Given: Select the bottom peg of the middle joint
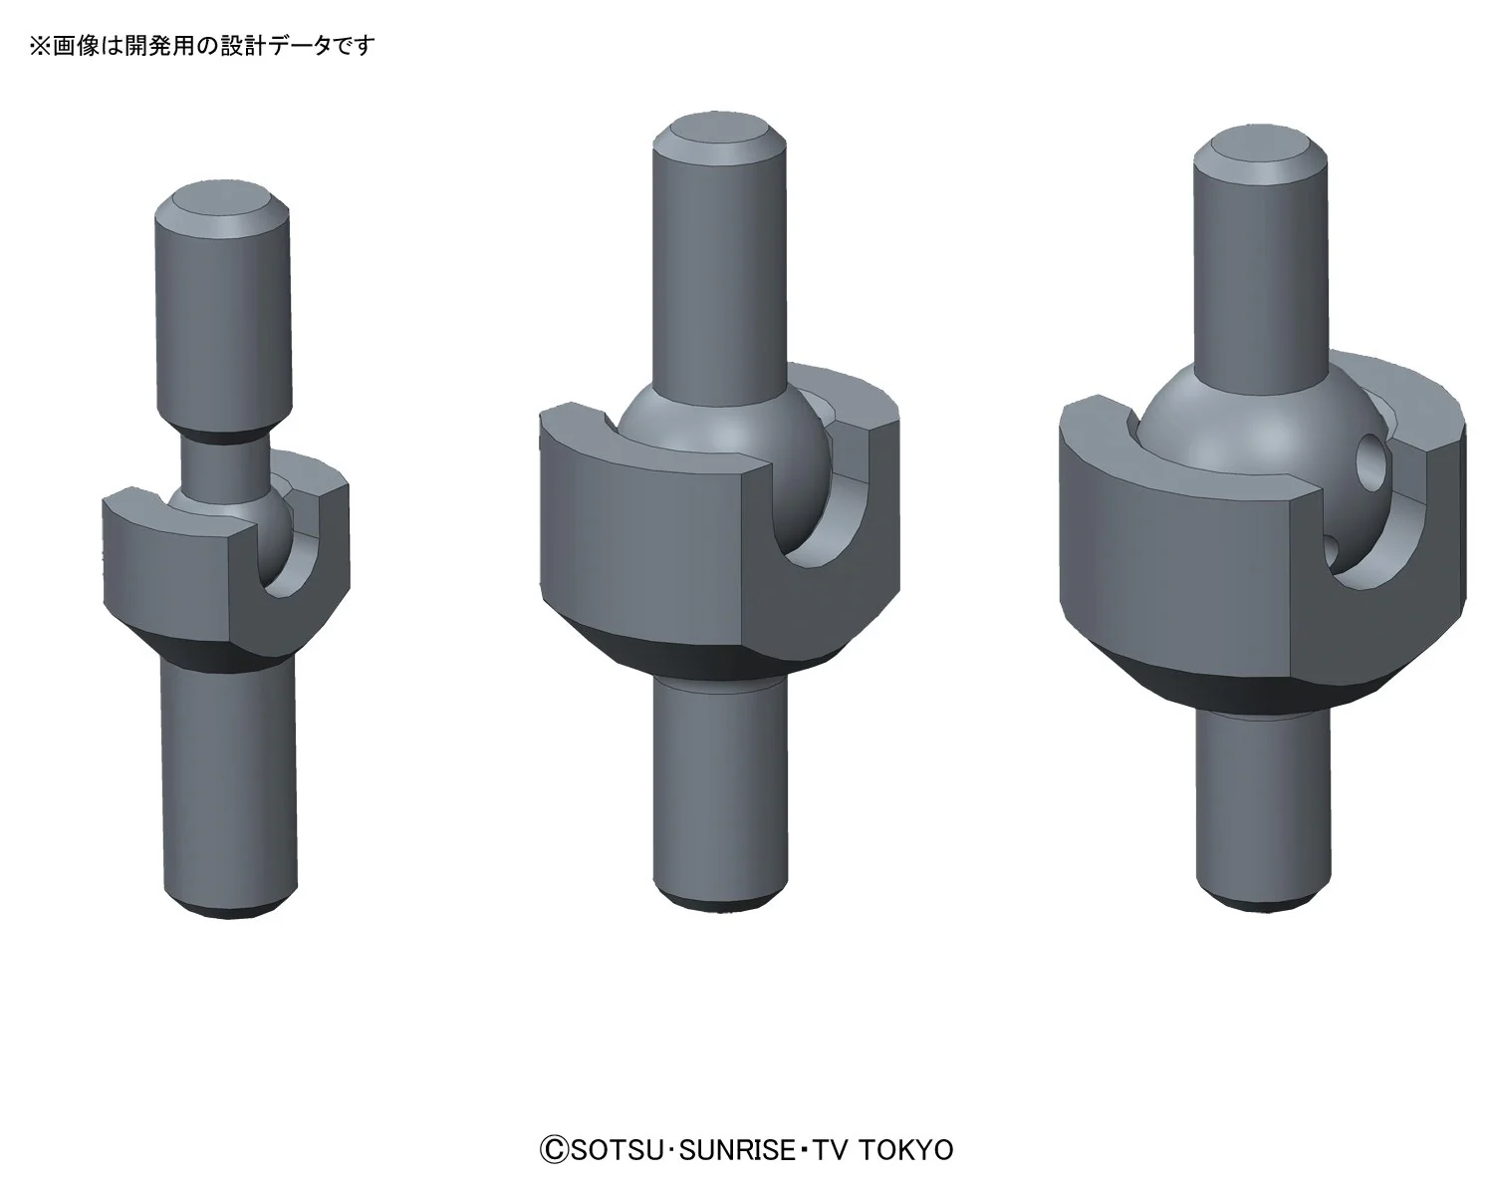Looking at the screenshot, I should [715, 787].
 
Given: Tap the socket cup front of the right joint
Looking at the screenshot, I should [1175, 558].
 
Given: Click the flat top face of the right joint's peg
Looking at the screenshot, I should [1261, 147].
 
